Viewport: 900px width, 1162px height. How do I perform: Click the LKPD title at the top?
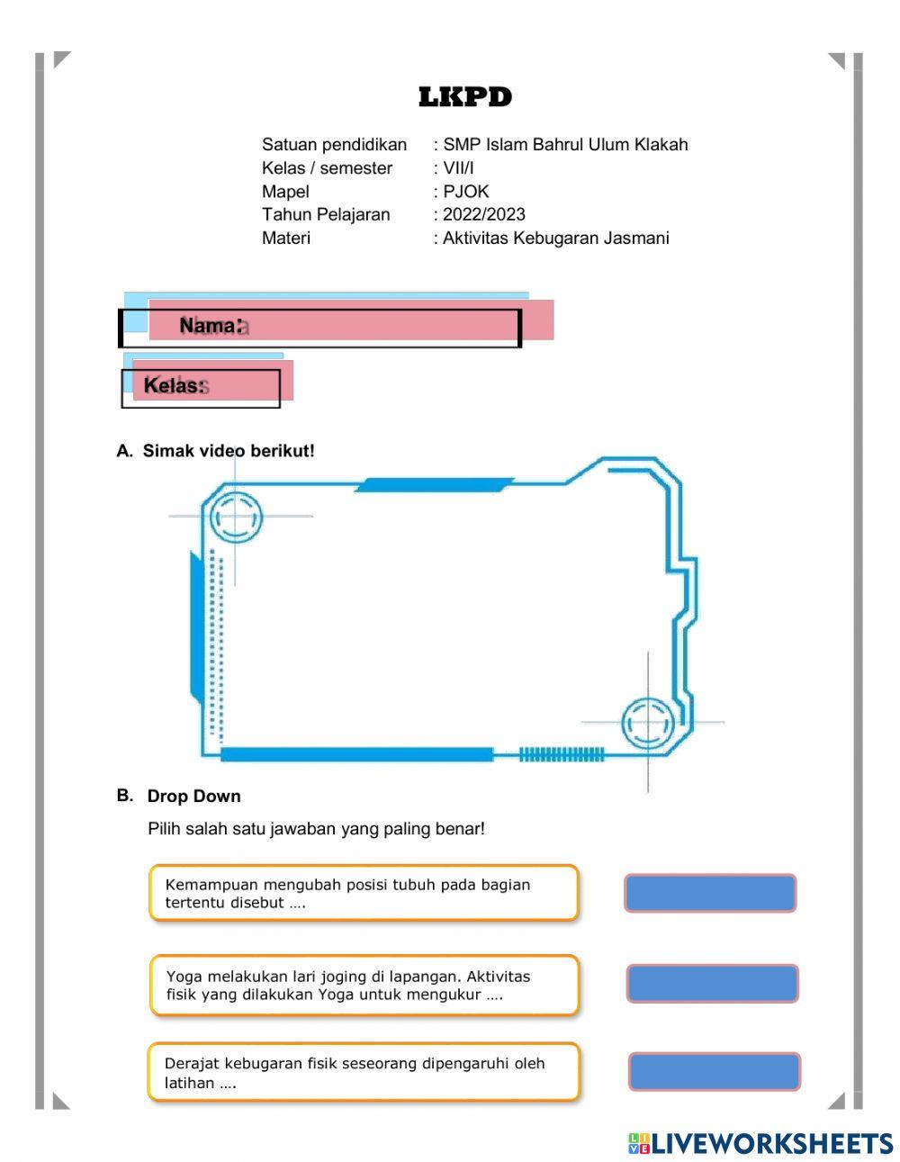pos(465,97)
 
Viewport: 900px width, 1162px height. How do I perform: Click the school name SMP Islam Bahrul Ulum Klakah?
pos(565,145)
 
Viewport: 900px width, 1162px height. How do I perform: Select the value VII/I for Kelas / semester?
pos(458,168)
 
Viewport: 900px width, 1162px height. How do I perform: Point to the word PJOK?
pos(465,192)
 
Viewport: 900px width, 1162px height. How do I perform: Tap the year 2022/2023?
pos(483,215)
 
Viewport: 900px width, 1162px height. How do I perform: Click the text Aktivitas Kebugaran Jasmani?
pos(555,239)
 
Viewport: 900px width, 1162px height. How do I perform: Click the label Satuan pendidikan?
pos(334,145)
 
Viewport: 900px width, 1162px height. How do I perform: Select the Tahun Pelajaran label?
pos(326,215)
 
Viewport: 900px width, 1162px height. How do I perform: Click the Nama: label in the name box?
pos(211,326)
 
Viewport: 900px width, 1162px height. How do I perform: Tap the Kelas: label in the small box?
pos(174,386)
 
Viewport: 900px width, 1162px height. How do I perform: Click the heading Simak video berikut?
pos(229,451)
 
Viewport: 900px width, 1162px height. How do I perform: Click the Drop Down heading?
pos(193,797)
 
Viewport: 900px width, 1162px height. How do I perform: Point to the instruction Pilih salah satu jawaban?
pos(316,829)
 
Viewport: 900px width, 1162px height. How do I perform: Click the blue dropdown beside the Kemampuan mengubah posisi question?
pos(710,893)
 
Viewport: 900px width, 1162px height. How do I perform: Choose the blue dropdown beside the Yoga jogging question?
pos(712,983)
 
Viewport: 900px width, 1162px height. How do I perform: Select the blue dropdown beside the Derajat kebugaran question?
pos(714,1071)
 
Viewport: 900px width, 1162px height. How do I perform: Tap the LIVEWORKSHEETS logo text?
pos(771,1143)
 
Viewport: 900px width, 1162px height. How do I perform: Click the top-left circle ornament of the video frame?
pos(236,517)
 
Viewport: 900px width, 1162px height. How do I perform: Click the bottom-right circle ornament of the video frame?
pos(647,722)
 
